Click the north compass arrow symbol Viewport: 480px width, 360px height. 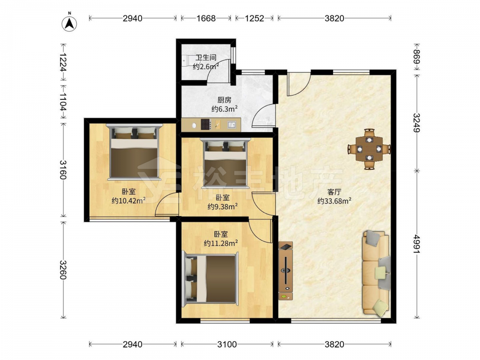coord(70,23)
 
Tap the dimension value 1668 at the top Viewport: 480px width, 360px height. coord(206,18)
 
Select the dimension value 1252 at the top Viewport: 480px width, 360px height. coord(254,18)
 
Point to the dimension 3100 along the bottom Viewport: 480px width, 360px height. coord(227,344)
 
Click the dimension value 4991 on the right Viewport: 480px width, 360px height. coord(417,244)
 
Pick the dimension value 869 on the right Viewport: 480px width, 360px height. coord(417,57)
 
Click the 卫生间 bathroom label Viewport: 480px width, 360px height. coord(206,57)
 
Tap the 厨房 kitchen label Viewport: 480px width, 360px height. coord(224,100)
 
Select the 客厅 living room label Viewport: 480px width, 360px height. coord(334,192)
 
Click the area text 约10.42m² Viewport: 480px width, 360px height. coord(129,201)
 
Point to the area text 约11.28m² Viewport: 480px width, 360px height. coord(221,243)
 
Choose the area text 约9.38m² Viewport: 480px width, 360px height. coord(223,206)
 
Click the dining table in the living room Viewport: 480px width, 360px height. coord(369,149)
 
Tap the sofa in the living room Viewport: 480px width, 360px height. coord(376,273)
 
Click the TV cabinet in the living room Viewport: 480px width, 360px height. coord(286,271)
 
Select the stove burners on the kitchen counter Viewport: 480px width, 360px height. coord(206,124)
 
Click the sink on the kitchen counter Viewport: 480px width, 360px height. coord(232,125)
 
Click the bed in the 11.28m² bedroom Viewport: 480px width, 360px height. coord(210,279)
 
